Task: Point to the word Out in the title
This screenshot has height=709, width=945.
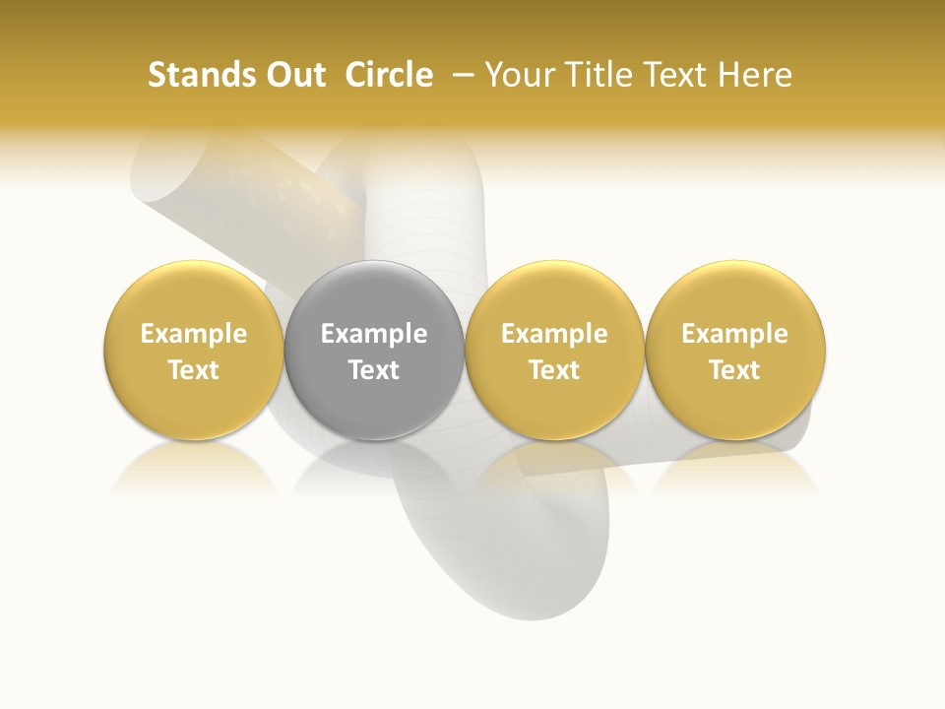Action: [x=294, y=75]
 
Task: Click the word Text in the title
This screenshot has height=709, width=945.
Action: [x=678, y=75]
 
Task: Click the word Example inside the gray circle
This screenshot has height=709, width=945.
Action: [x=374, y=334]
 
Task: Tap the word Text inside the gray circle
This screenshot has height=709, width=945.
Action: [x=374, y=370]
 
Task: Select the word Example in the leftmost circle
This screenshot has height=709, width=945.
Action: [x=193, y=334]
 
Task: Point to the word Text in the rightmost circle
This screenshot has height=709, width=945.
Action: [x=734, y=370]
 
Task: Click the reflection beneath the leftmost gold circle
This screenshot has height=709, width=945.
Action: [x=193, y=468]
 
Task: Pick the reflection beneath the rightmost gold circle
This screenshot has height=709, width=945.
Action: [x=734, y=468]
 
